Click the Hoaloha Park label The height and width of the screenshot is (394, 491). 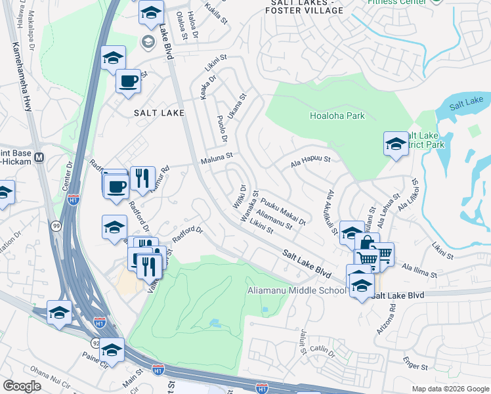(x=337, y=116)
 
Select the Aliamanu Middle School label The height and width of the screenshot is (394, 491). (x=297, y=291)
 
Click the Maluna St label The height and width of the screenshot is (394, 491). (x=217, y=157)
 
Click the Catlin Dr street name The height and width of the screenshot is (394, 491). (x=323, y=353)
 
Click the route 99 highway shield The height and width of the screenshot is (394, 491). (x=55, y=226)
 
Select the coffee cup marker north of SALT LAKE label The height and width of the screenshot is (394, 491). (x=128, y=82)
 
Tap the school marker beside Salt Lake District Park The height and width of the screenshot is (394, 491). (x=396, y=144)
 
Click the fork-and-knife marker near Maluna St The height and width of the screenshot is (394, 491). (x=142, y=178)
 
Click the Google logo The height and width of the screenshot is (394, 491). (x=22, y=386)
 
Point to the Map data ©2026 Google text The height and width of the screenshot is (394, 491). (x=450, y=389)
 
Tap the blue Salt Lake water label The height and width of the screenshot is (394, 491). (x=467, y=102)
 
